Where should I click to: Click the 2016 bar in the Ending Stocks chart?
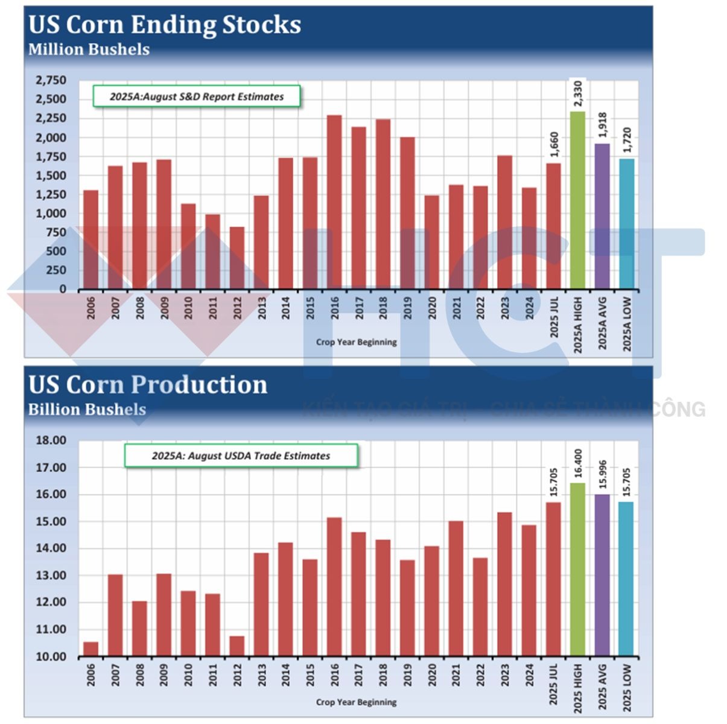coord(334,202)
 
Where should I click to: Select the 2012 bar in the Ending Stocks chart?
coord(237,258)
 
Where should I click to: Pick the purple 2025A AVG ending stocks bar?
coord(602,217)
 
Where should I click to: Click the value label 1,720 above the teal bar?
coord(627,139)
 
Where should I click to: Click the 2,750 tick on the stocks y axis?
coord(51,80)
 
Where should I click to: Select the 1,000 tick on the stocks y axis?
coord(51,214)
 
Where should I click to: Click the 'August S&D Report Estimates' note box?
coord(197,97)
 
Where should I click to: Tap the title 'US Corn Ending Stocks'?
coord(165,25)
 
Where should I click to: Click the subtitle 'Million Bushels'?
coord(89,49)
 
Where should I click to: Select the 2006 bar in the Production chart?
coord(91,649)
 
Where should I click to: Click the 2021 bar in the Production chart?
coord(456,589)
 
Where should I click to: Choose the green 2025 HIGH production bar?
coord(577,570)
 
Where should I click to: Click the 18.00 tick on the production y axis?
coord(51,440)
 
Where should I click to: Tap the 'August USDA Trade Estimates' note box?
coord(241,456)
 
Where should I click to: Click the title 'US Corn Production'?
coord(148,385)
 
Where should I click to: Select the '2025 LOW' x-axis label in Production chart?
coord(627,688)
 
